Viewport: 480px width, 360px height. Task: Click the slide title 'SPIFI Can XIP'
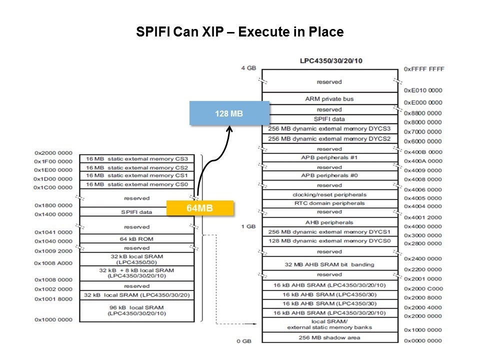tap(239, 32)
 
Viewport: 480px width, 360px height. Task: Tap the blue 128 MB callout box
tap(229, 113)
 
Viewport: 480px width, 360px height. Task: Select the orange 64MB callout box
tap(200, 208)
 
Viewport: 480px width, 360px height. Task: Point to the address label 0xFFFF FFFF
tap(424, 68)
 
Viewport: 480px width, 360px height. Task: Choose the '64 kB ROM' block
tap(136, 239)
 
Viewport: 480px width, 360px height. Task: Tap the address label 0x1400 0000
tap(54, 214)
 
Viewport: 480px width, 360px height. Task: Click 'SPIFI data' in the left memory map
tap(136, 212)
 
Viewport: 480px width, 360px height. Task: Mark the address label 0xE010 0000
tap(423, 90)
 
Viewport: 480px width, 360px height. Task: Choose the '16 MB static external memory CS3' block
tap(136, 159)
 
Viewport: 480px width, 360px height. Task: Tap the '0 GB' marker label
tap(245, 341)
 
